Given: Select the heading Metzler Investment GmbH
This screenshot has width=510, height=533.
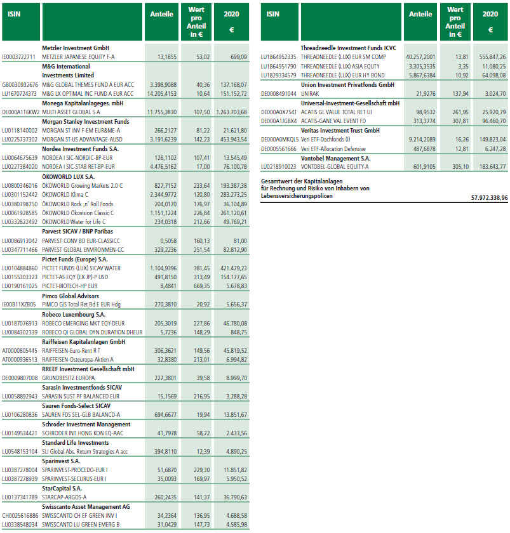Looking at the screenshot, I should (76, 48).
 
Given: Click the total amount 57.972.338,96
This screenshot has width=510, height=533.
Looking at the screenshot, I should (481, 197).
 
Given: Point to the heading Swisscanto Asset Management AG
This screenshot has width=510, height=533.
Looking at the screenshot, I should (86, 507).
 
